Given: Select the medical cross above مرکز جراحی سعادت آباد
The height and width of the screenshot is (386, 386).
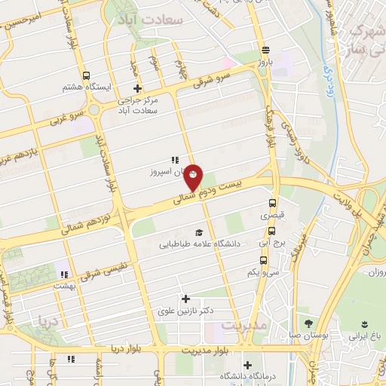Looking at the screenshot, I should pyautogui.click(x=136, y=88).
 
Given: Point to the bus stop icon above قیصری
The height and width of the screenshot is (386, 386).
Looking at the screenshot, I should pyautogui.click(x=273, y=202).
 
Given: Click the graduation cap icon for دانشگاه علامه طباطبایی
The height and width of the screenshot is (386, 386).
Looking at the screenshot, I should pyautogui.click(x=198, y=232).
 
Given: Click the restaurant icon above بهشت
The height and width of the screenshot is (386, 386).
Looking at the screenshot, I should pyautogui.click(x=65, y=274).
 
